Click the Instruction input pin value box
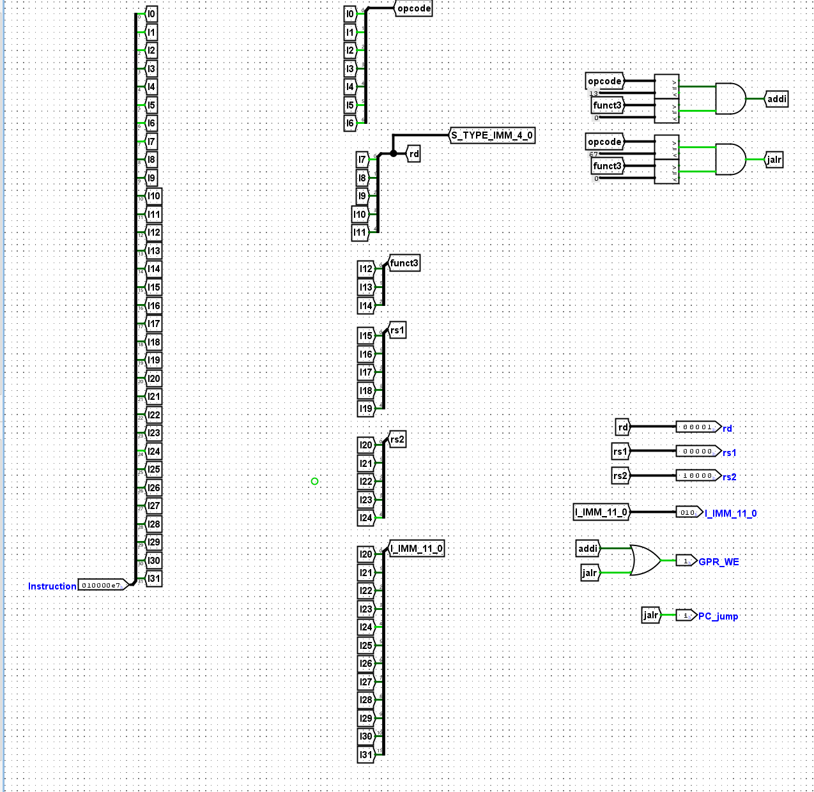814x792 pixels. [102, 585]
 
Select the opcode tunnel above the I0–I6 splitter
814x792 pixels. [413, 8]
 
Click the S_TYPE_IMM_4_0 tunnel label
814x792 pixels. [491, 135]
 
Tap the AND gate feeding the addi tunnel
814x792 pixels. [730, 98]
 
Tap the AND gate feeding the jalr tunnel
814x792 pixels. [730, 159]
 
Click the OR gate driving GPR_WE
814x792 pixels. [645, 560]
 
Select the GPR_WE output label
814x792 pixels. [719, 562]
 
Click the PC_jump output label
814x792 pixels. [718, 616]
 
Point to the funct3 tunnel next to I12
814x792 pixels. [404, 263]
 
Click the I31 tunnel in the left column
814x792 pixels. [154, 579]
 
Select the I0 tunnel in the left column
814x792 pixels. [151, 13]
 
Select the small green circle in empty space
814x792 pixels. [314, 481]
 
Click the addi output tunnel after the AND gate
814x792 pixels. [776, 99]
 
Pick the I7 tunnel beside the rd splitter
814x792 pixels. [362, 160]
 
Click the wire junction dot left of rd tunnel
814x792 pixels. [394, 153]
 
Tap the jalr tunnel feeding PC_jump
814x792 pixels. [650, 615]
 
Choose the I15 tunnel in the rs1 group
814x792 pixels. [365, 335]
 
